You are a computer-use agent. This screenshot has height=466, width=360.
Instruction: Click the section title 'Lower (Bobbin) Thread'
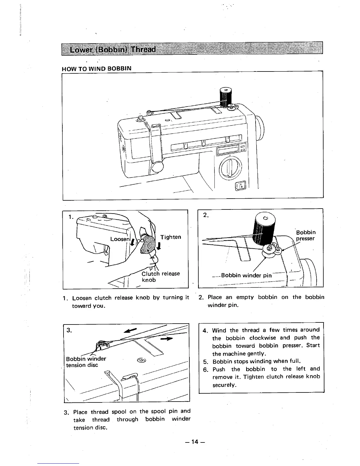pos(112,49)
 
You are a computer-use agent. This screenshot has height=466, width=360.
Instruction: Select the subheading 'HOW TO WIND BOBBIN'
pos(96,69)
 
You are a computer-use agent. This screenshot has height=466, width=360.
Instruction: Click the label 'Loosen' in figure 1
pos(119,239)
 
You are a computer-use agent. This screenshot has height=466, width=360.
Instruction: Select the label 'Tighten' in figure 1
pos(171,237)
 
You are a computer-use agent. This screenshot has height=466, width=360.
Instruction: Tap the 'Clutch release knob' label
pos(160,277)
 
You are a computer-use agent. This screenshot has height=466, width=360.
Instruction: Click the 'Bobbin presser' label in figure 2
pos(306,235)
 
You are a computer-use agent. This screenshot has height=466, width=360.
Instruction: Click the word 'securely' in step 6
pos(224,385)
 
